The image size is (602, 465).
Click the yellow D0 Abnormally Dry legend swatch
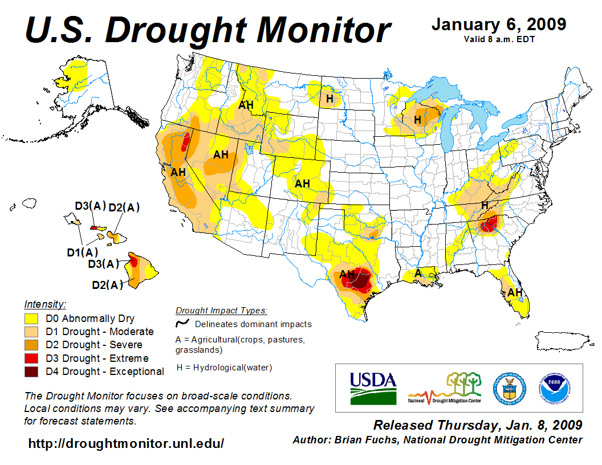click(31, 319)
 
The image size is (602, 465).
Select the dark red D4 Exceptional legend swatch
click(31, 372)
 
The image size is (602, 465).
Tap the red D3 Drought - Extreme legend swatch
click(31, 358)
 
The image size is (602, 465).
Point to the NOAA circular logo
click(553, 388)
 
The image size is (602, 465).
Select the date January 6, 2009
click(499, 25)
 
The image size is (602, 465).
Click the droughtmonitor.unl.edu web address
click(126, 443)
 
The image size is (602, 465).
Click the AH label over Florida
click(515, 292)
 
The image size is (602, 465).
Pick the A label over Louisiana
click(418, 273)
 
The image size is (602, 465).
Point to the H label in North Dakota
click(330, 99)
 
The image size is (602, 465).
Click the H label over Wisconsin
click(417, 120)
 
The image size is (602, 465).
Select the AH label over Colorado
click(302, 183)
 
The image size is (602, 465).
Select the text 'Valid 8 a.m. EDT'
click(499, 39)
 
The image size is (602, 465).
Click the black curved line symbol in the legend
click(182, 324)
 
